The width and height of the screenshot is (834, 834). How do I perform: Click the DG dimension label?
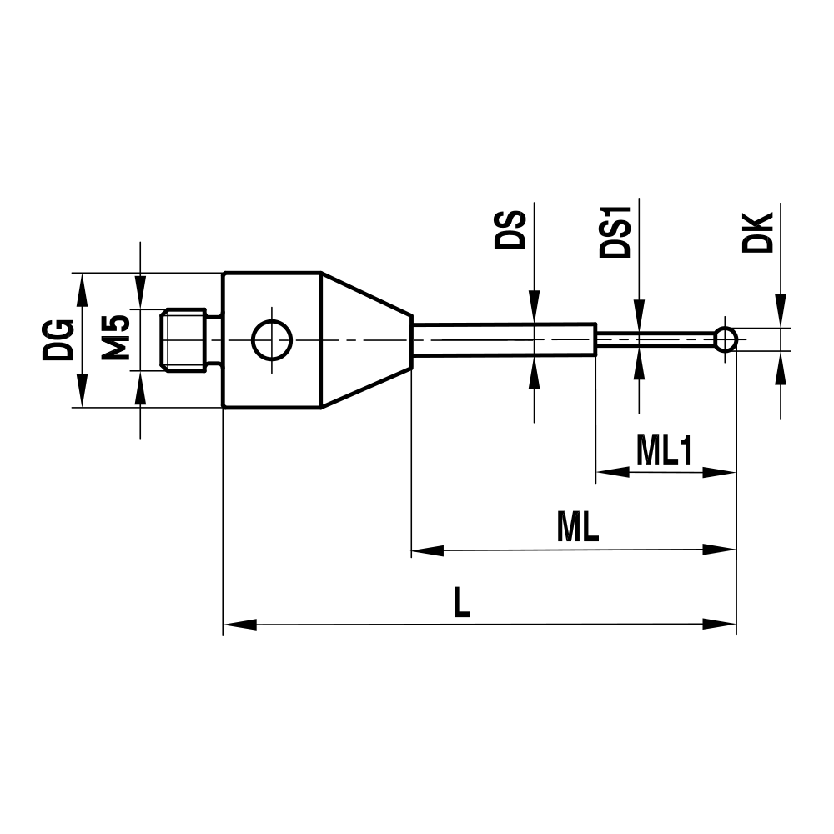[58, 339]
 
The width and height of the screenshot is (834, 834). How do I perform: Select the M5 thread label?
[116, 338]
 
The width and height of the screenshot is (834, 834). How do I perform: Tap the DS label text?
[510, 230]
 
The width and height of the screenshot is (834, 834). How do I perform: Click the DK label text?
[757, 233]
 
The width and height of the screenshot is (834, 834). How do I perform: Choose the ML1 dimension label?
[665, 451]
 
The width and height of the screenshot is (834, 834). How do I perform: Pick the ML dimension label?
[578, 529]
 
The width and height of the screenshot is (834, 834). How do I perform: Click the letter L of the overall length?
[460, 602]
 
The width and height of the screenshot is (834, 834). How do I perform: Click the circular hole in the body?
[271, 340]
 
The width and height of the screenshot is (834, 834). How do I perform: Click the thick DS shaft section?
[504, 339]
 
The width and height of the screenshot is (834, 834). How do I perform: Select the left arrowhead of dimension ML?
[427, 550]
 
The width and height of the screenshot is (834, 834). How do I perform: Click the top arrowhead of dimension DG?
[82, 288]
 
